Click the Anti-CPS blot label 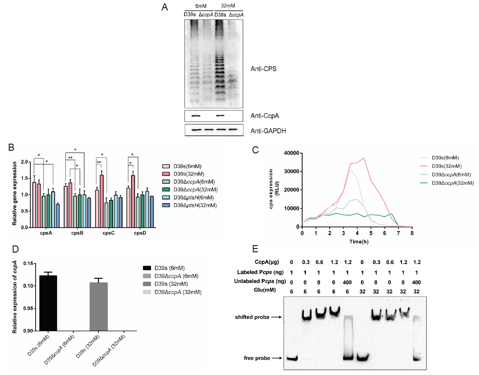[x=263, y=69]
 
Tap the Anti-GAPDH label [x=268, y=131]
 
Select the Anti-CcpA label [x=264, y=116]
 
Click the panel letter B [x=11, y=148]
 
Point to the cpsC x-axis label [x=108, y=233]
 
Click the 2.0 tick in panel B [x=24, y=162]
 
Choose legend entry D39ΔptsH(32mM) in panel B [x=195, y=205]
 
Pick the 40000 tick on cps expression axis [x=291, y=153]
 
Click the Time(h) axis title [x=359, y=242]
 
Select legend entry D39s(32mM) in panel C [x=447, y=166]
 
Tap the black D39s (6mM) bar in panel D [x=48, y=303]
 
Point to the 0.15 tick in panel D [x=28, y=263]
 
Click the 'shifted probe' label [x=252, y=317]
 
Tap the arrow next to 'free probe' [x=277, y=358]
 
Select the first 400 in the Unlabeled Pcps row [x=347, y=282]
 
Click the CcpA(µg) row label [x=267, y=262]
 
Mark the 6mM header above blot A [x=201, y=6]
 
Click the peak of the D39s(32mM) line [x=364, y=158]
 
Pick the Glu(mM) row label [x=265, y=290]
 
